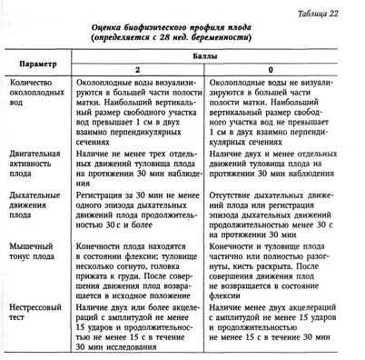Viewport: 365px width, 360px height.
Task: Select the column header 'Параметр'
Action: [x=37, y=65]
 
